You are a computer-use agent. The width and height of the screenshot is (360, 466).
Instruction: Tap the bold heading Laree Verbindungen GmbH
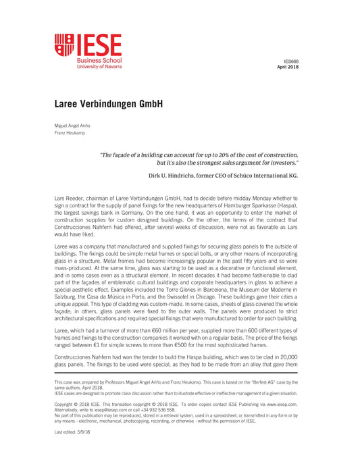point(109,105)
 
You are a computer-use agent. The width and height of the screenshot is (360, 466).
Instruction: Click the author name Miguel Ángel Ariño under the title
point(72,126)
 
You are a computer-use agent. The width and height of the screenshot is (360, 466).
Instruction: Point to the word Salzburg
point(70,286)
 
